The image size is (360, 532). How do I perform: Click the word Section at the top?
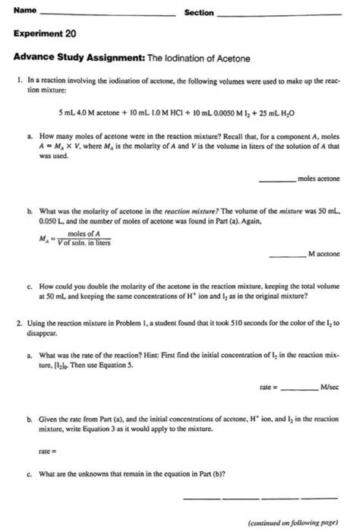[x=199, y=13]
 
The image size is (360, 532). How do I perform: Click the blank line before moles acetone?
[x=276, y=179]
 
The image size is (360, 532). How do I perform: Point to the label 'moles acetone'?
[x=319, y=179]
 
